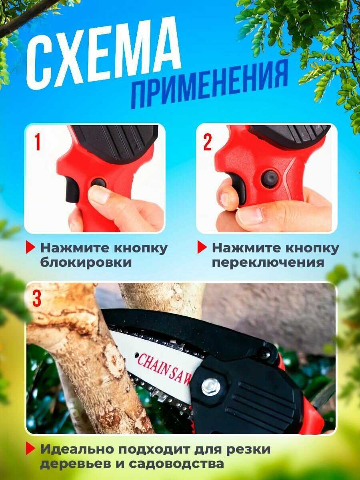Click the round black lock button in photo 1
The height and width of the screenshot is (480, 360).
click(x=98, y=183)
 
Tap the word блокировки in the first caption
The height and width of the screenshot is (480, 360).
click(x=86, y=262)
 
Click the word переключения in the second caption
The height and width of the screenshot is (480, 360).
click(x=268, y=262)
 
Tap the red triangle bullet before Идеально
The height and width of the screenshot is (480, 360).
click(x=30, y=448)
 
